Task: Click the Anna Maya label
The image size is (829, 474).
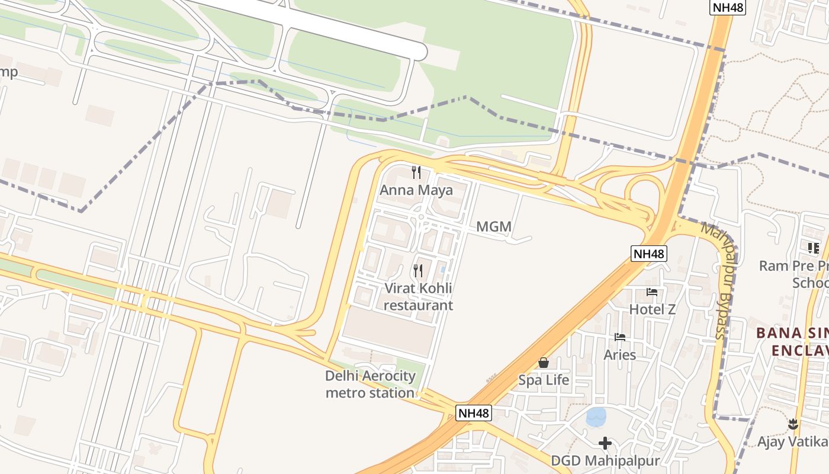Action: [x=416, y=190]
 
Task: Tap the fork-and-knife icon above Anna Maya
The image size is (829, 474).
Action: [x=416, y=172]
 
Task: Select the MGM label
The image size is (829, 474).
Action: [x=494, y=227]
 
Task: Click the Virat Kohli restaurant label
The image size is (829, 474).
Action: [x=418, y=297]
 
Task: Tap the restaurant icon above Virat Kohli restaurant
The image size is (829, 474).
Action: [x=418, y=271]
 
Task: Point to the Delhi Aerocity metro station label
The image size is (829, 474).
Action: [x=371, y=384]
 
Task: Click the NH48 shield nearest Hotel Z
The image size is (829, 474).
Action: [x=649, y=254]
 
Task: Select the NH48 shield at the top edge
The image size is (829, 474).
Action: [x=727, y=7]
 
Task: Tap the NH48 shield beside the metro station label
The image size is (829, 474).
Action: [x=474, y=412]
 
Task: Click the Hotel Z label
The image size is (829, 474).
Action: [x=652, y=309]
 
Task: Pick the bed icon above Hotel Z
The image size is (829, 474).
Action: [x=652, y=292]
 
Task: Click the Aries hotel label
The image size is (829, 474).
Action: [x=620, y=355]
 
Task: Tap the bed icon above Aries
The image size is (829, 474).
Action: [x=620, y=337]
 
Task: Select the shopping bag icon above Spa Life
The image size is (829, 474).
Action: [x=544, y=363]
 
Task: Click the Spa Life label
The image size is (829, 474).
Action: [x=544, y=380]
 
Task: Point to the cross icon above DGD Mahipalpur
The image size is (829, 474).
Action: [x=605, y=443]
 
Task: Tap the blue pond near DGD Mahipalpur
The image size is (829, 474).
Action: [x=596, y=417]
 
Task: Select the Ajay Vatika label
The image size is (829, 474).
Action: [x=792, y=441]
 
